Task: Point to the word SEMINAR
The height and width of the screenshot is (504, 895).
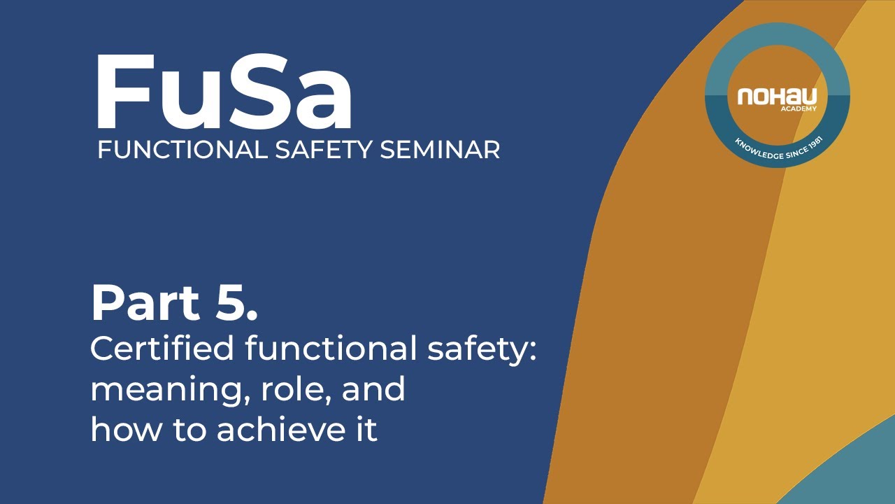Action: tap(440, 150)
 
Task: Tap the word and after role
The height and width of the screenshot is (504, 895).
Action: tap(373, 388)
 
